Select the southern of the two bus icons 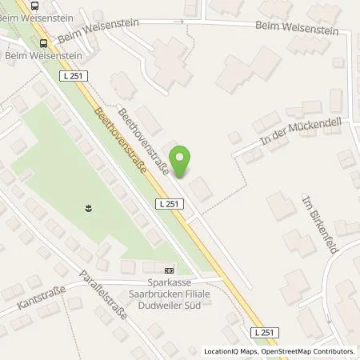tap(42, 43)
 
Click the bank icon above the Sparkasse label tap(167, 270)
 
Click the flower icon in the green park tap(87, 209)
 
